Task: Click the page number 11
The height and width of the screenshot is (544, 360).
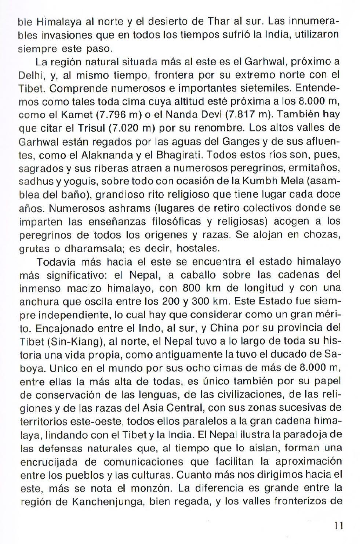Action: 339,525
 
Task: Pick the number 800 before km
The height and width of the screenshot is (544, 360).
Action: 193,287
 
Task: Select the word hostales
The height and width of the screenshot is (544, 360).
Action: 198,249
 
